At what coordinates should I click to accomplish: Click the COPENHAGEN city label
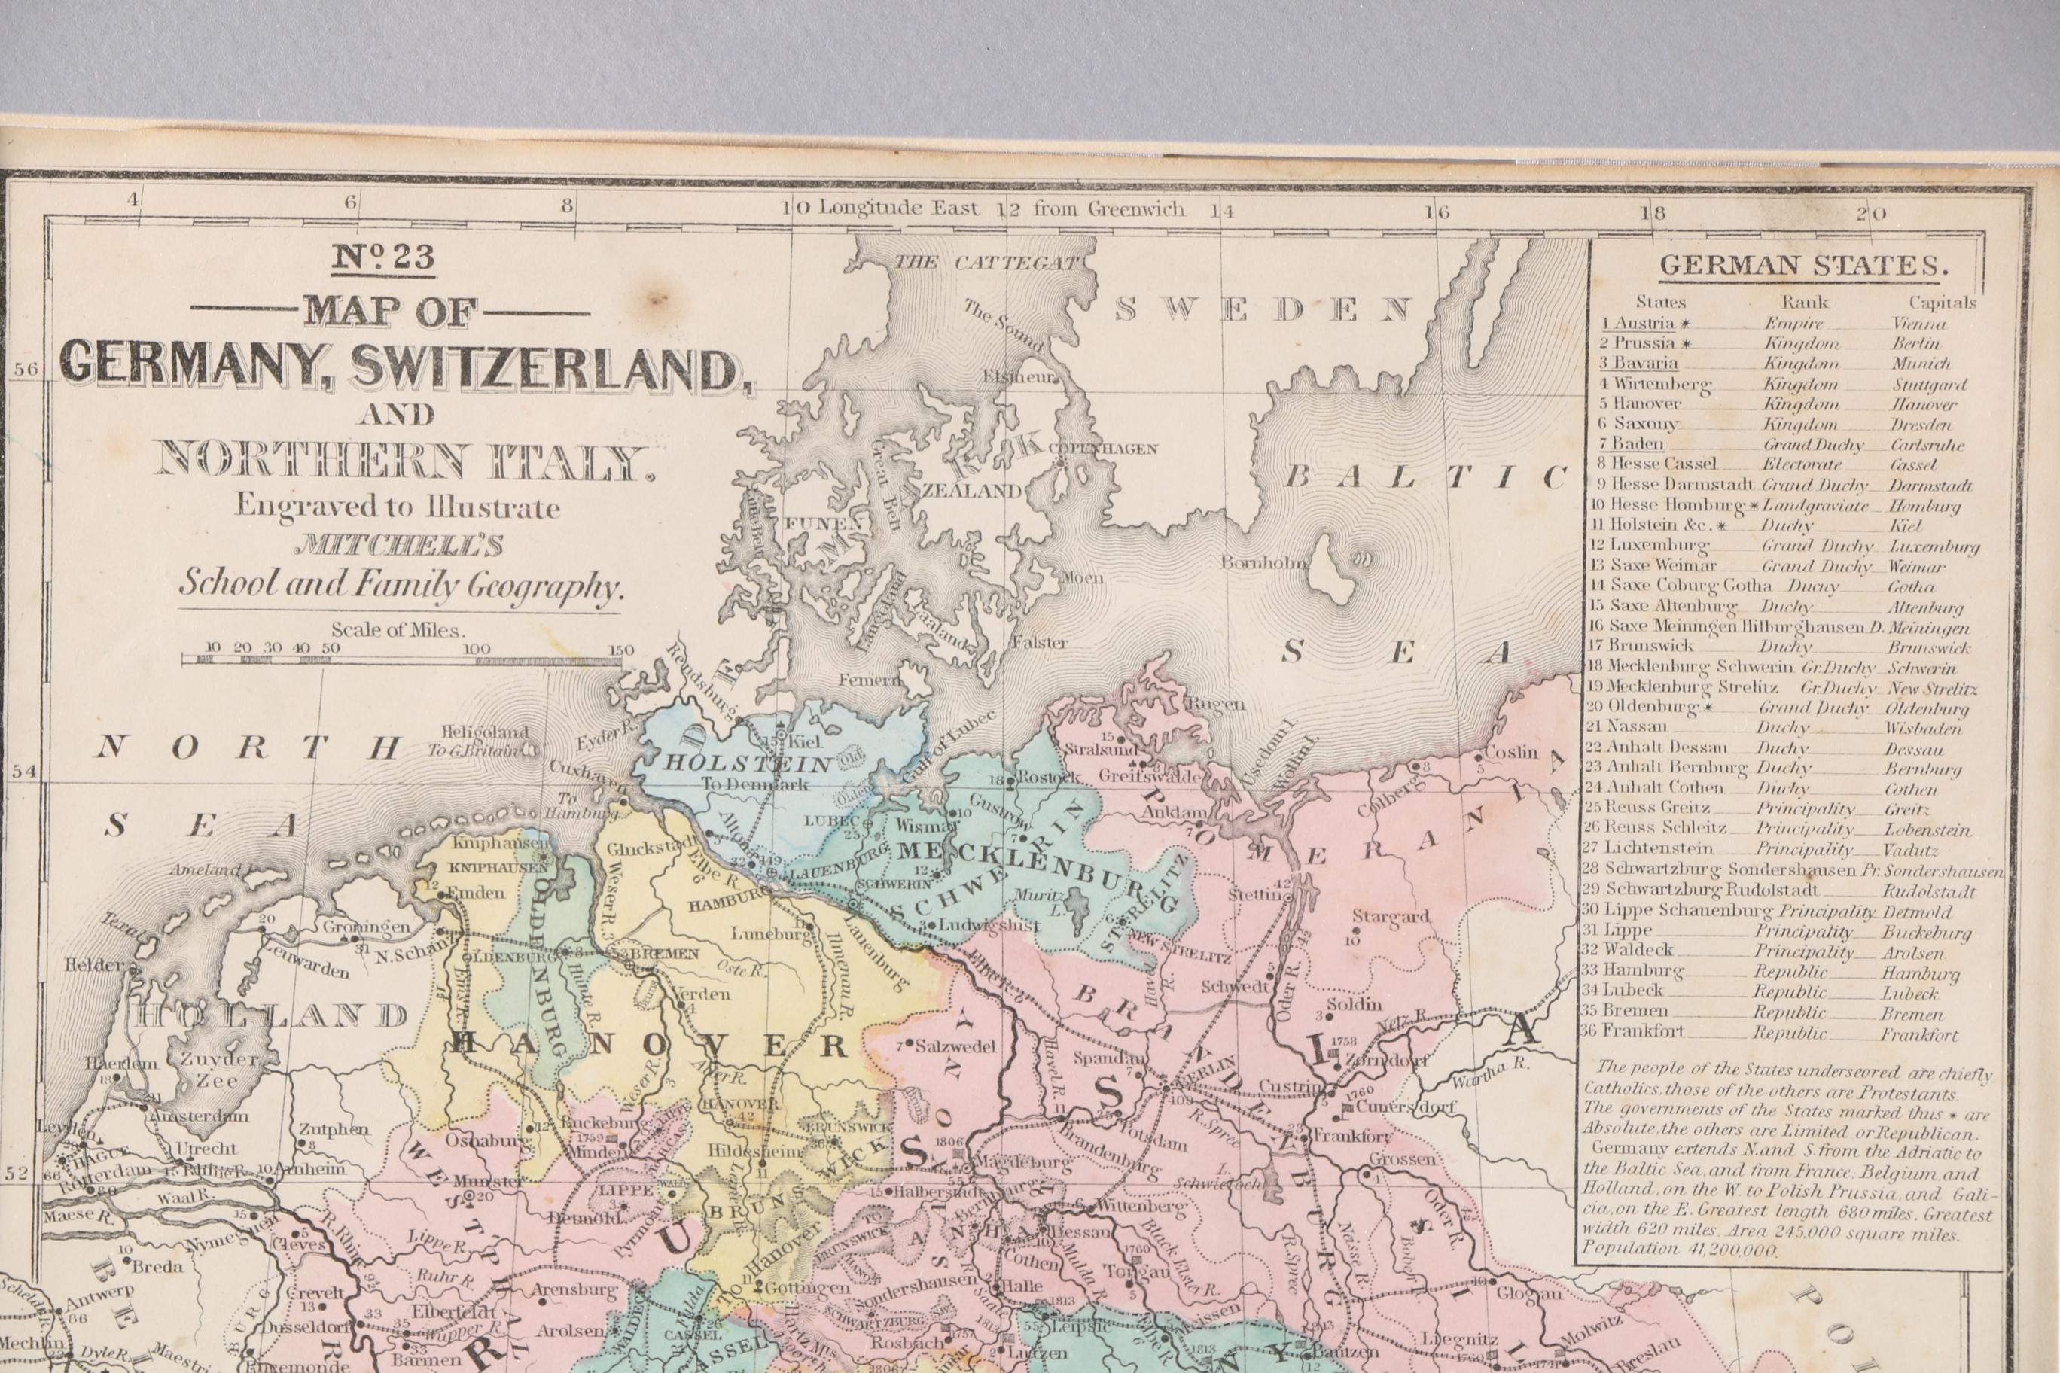coord(1108,449)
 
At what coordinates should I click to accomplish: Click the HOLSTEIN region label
coord(748,763)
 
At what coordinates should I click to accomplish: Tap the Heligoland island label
coord(484,732)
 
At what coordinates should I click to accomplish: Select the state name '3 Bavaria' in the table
coord(1640,364)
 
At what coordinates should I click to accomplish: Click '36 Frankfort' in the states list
coord(1633,1031)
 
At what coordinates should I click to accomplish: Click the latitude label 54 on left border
coord(25,772)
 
